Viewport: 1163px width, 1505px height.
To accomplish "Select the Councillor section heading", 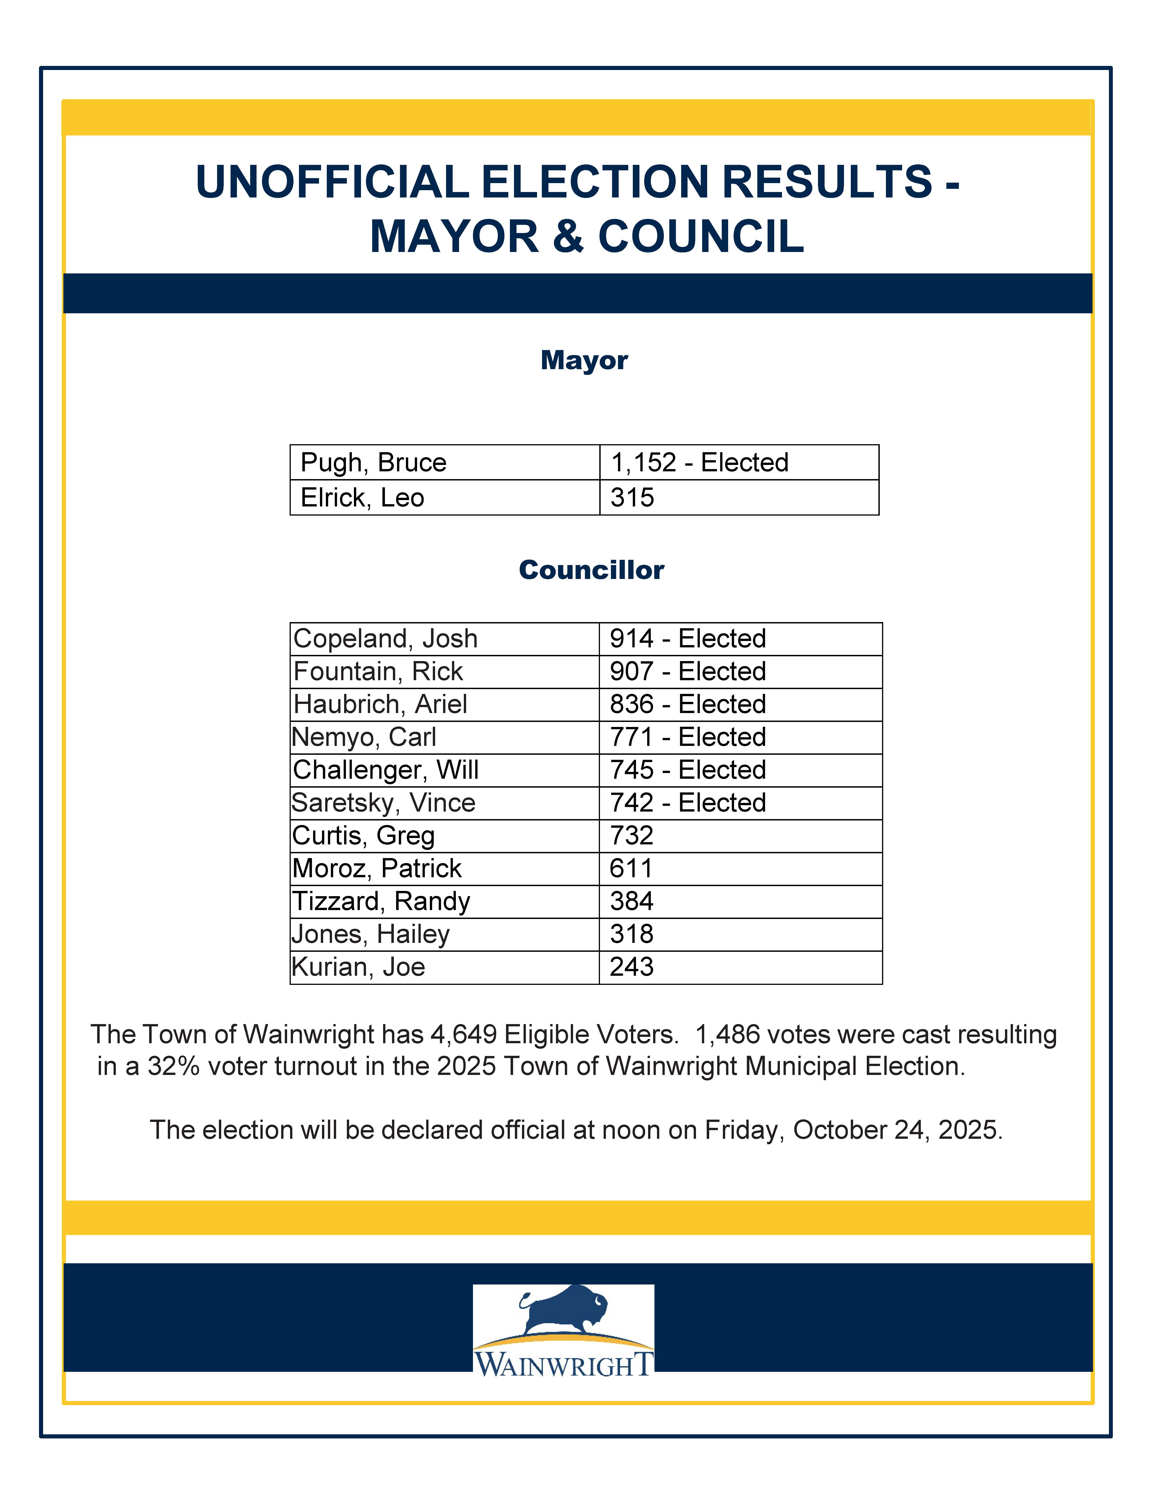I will coord(591,570).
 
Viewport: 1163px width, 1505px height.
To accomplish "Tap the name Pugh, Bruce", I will coord(374,462).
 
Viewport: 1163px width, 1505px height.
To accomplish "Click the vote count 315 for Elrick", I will coord(632,498).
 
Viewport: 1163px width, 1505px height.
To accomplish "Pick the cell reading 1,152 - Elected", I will coord(699,462).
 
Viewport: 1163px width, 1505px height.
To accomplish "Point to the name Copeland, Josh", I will coord(385,639).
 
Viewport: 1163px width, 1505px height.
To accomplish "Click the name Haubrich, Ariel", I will coord(380,704).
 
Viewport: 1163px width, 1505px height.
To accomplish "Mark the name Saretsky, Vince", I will coord(383,803).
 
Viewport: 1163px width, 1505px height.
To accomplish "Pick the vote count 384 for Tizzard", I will coord(631,901).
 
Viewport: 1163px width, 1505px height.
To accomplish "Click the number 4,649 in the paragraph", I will coord(463,1035).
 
